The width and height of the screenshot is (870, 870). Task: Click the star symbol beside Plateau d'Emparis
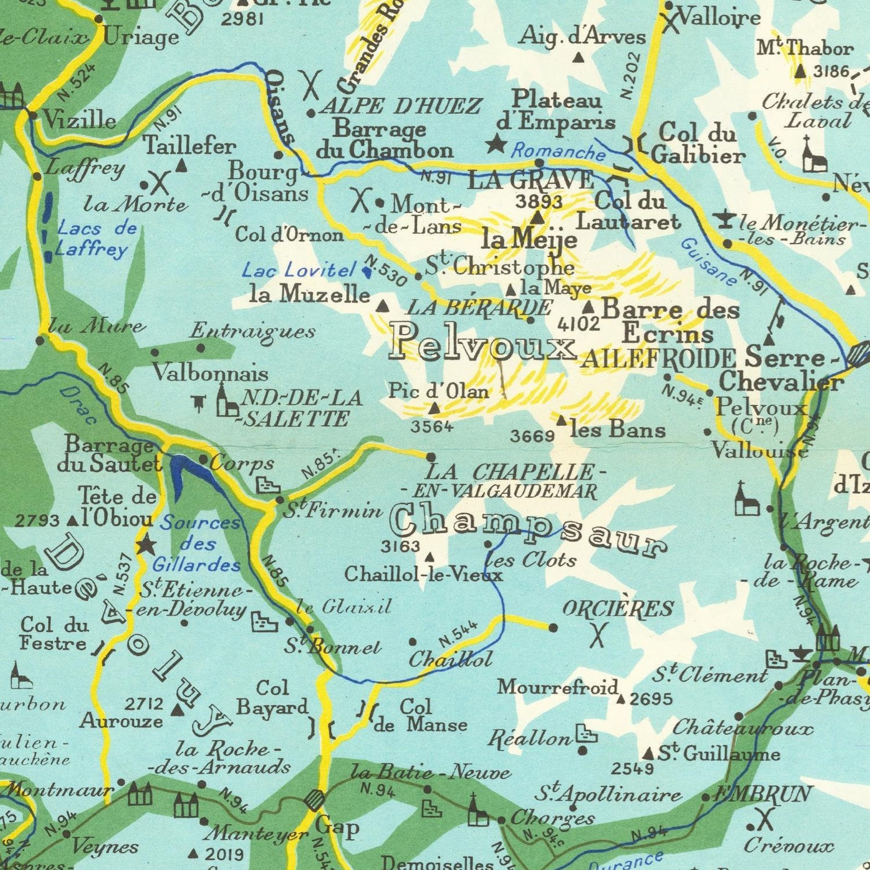tap(496, 144)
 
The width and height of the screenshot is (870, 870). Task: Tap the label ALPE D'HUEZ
tap(400, 106)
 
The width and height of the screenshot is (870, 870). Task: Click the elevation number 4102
tap(579, 324)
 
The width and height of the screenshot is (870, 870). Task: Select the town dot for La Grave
tap(539, 163)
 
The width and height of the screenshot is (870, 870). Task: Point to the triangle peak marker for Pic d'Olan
tap(434, 408)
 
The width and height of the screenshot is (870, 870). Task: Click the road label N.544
tap(459, 635)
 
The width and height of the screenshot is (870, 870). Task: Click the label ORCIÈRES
tap(618, 609)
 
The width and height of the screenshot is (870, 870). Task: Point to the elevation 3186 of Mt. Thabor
tap(831, 72)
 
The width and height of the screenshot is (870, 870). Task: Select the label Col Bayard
tap(272, 697)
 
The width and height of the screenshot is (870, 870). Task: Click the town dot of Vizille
tap(33, 115)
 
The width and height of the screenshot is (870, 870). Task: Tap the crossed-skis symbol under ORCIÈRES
tap(597, 634)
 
